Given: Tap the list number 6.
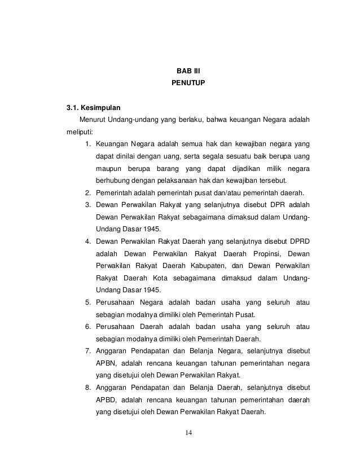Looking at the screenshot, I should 89,327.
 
